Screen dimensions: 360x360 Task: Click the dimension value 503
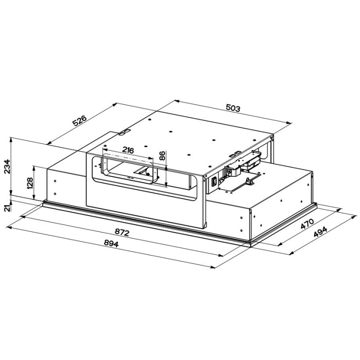[x=233, y=108]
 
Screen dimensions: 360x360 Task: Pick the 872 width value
[x=122, y=232]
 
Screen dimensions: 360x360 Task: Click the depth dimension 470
[x=306, y=225]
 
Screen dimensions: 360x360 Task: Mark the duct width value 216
[x=128, y=150]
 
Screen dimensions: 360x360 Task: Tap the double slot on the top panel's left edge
[x=124, y=132]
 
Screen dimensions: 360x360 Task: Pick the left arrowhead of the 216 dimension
[x=104, y=155]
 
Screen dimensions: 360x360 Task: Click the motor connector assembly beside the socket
[x=234, y=171]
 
